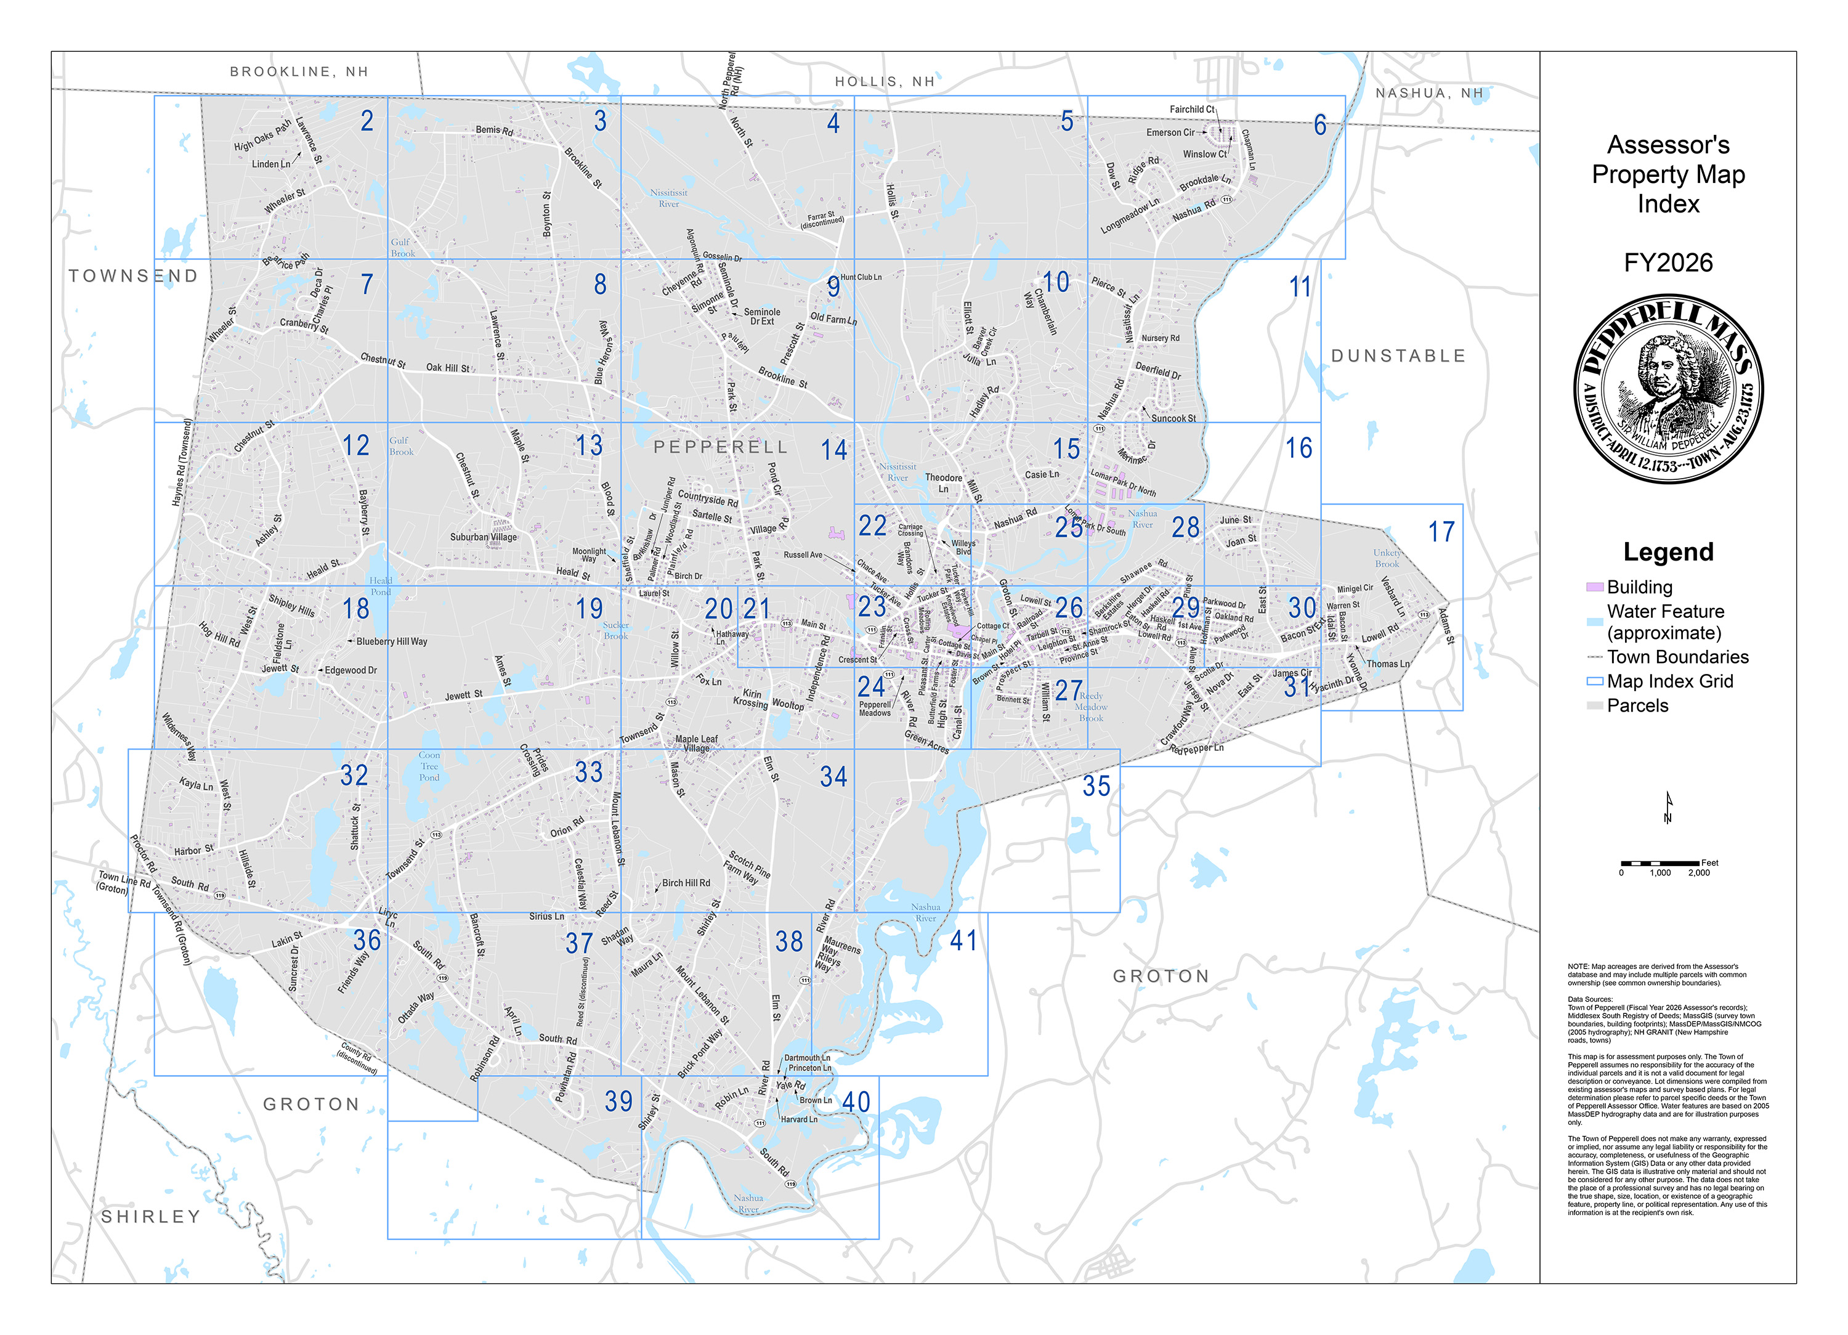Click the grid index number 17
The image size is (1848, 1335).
[x=1441, y=532]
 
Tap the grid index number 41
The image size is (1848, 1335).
[x=963, y=941]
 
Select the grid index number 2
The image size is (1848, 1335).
[x=368, y=121]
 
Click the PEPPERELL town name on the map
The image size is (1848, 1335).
[x=720, y=447]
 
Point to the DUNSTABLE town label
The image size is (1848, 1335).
[x=1398, y=356]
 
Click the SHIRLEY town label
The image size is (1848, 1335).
[x=151, y=1216]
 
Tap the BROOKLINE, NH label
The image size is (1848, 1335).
[x=299, y=71]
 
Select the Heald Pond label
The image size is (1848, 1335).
[x=381, y=586]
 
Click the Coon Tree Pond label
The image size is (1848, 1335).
[x=429, y=766]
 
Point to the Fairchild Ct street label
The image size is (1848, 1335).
[x=1191, y=109]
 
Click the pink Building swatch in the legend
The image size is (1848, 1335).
[x=1594, y=587]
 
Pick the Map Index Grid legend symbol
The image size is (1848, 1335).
[x=1594, y=681]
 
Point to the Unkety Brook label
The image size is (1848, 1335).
[x=1387, y=558]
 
